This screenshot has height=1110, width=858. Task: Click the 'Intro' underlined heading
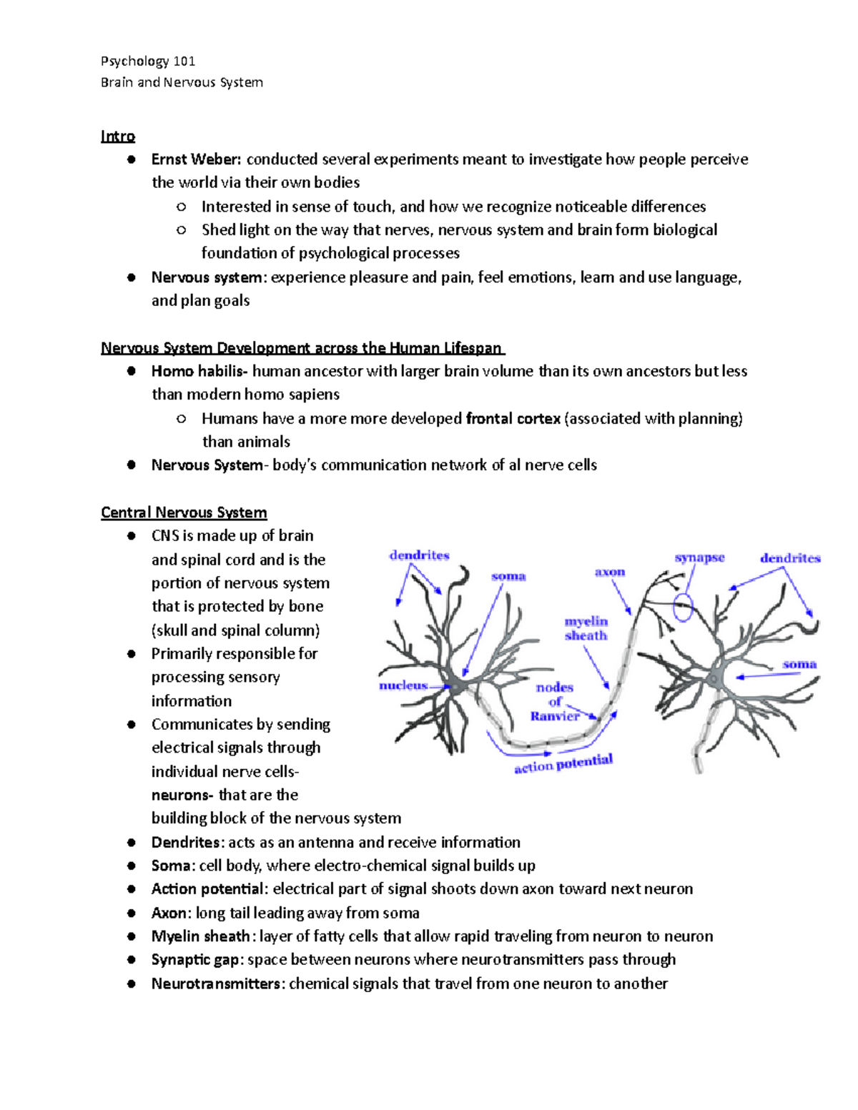(x=118, y=136)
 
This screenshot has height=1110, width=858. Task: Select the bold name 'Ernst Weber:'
(x=197, y=159)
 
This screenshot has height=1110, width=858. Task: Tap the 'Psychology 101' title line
(x=148, y=61)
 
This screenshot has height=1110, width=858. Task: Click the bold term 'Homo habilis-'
(x=199, y=371)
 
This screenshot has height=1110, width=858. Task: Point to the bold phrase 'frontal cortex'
(x=513, y=418)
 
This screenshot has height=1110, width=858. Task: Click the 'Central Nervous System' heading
(x=184, y=512)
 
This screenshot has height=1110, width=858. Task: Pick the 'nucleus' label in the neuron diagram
(x=403, y=685)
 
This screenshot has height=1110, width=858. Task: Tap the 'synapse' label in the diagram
(x=699, y=558)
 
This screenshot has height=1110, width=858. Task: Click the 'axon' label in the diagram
(x=610, y=572)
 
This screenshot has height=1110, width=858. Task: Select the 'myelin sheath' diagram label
(x=586, y=628)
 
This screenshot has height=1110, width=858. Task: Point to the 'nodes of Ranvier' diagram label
(x=555, y=701)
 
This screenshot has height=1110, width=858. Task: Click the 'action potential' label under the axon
(x=563, y=763)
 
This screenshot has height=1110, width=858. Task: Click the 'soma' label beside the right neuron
(x=799, y=664)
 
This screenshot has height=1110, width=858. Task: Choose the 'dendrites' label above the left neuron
(x=419, y=555)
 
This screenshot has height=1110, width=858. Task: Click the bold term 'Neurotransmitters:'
(x=218, y=983)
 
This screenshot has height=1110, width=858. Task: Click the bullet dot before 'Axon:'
(x=131, y=913)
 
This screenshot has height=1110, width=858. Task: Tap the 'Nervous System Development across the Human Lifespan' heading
(x=302, y=348)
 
